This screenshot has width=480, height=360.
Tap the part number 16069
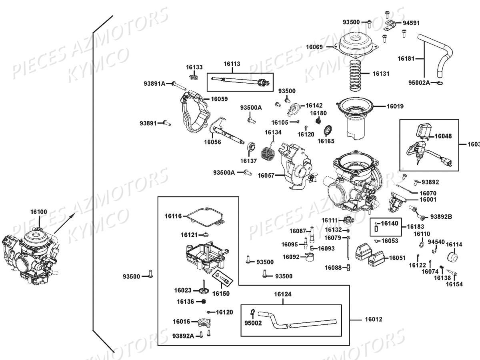click(314, 47)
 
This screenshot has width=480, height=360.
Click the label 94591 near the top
click(411, 23)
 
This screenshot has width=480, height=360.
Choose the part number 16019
click(395, 106)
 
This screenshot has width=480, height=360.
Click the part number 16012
click(373, 320)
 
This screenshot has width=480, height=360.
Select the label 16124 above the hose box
click(282, 294)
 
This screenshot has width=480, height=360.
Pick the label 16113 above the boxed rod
click(232, 64)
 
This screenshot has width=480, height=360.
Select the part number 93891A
click(154, 84)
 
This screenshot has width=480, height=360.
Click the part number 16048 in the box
click(443, 136)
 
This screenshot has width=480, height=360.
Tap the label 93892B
click(441, 217)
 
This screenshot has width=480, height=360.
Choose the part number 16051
click(397, 258)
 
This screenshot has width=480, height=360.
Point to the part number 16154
click(454, 284)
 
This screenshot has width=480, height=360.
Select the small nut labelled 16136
click(203, 301)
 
